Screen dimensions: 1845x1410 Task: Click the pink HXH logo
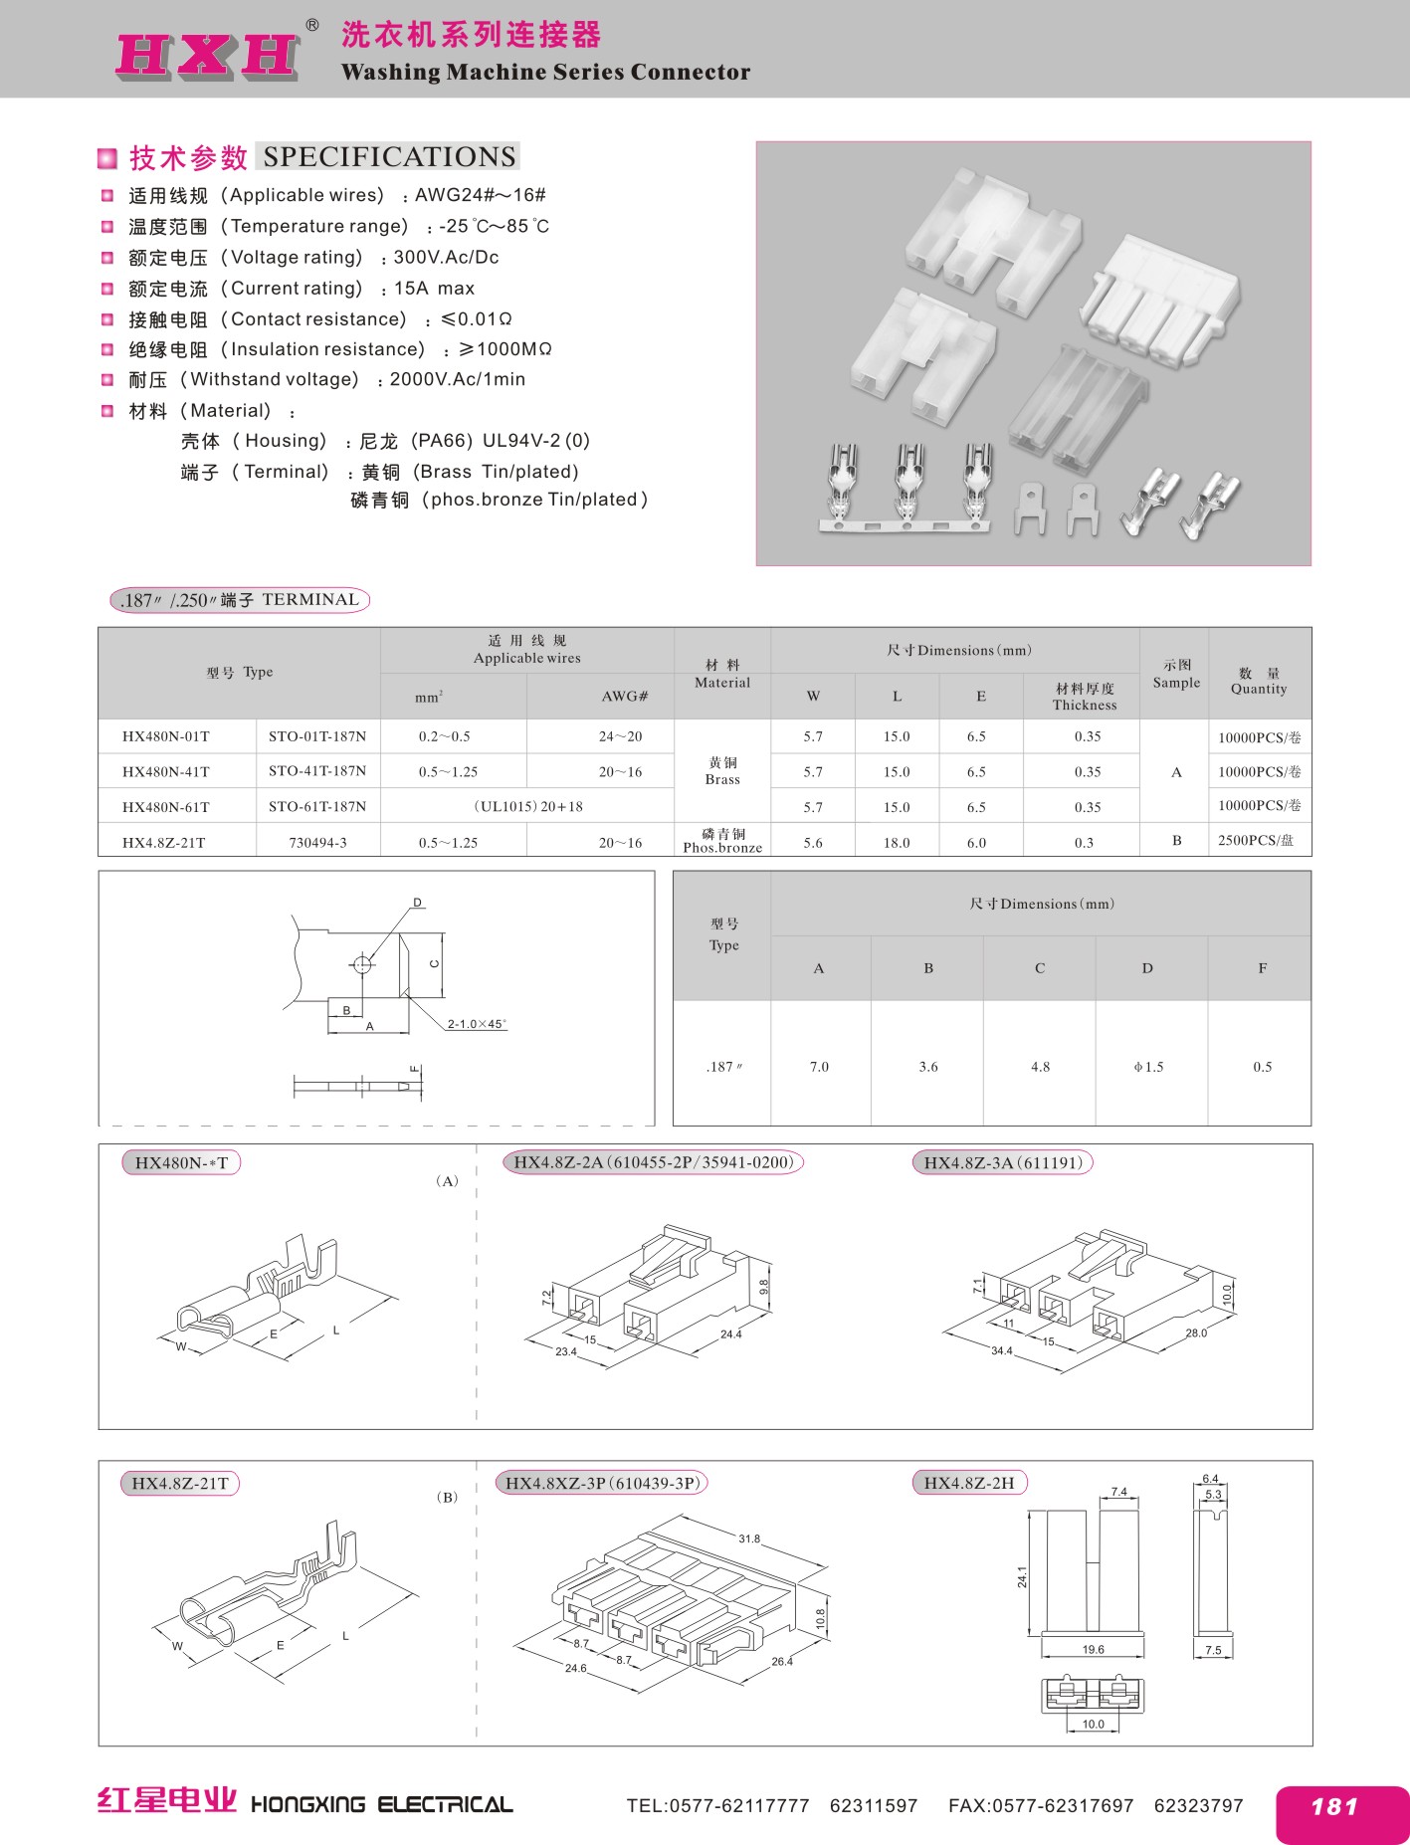(208, 54)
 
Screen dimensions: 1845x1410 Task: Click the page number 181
(1334, 1807)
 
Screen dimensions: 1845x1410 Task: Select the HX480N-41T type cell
(166, 771)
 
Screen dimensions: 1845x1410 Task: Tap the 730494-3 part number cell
(318, 843)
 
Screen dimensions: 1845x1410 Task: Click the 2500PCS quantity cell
(1256, 841)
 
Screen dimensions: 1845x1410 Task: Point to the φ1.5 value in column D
(1148, 1067)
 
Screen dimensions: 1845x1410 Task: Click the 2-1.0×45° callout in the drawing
(477, 1024)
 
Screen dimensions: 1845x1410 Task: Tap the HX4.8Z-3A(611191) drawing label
(1002, 1162)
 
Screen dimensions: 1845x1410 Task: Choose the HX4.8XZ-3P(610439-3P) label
(603, 1483)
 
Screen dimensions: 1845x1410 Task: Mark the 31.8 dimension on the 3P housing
(749, 1538)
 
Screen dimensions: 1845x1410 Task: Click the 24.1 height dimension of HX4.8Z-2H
(1022, 1576)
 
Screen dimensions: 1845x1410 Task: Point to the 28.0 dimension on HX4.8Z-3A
(1196, 1332)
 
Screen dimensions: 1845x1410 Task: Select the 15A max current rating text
(434, 289)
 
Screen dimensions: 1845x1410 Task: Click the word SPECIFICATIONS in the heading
(389, 157)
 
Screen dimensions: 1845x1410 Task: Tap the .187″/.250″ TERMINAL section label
(239, 600)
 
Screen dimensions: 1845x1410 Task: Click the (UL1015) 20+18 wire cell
(527, 807)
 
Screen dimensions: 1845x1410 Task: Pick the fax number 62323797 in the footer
(1198, 1805)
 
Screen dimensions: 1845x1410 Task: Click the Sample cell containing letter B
(1176, 841)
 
